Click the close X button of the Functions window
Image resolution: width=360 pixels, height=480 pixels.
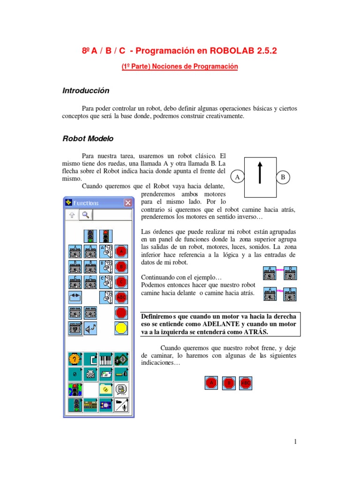point(127,203)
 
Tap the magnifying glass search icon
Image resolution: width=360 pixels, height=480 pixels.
point(85,215)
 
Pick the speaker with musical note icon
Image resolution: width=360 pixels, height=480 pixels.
point(91,328)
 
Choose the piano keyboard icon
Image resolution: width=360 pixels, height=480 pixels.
point(106,359)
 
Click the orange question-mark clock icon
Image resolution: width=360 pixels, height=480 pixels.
point(75,359)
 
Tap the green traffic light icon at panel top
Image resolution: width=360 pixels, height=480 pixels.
point(90,236)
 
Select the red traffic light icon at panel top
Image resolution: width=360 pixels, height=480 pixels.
point(106,236)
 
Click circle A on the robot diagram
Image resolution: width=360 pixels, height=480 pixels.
point(238,178)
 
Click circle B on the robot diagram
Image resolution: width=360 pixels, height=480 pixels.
point(283,178)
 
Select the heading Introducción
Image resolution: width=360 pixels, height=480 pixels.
point(86,90)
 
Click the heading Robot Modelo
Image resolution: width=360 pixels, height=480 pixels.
point(88,139)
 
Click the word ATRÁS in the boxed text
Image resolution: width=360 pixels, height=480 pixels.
point(255,331)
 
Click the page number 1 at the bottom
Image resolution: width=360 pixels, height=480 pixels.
point(296,442)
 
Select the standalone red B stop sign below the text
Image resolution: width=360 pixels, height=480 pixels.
point(228,383)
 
